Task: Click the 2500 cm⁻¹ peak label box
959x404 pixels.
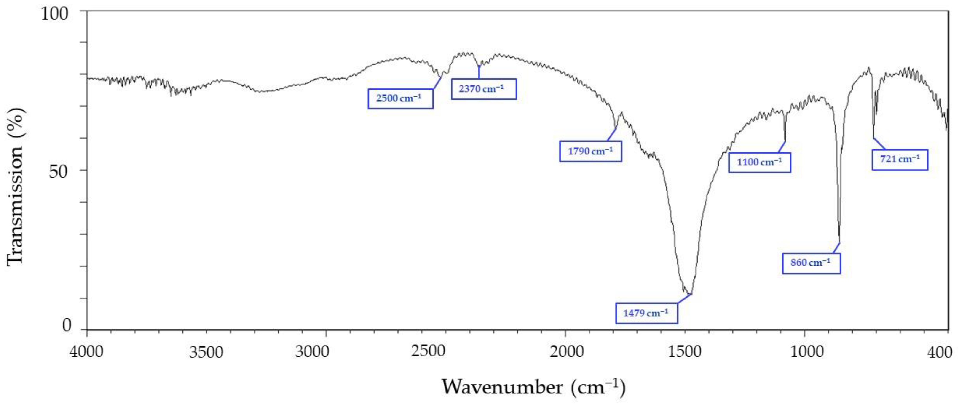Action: (x=400, y=98)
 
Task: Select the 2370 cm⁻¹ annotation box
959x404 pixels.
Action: (x=484, y=89)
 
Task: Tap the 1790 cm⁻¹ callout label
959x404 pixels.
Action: (x=590, y=151)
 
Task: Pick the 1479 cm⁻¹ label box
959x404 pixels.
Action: (x=646, y=313)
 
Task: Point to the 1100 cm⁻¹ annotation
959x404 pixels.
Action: (x=759, y=162)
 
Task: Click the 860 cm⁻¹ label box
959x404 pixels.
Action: (x=811, y=263)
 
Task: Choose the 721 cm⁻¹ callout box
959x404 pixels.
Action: (x=900, y=159)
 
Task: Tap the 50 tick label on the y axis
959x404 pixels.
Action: (x=59, y=172)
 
